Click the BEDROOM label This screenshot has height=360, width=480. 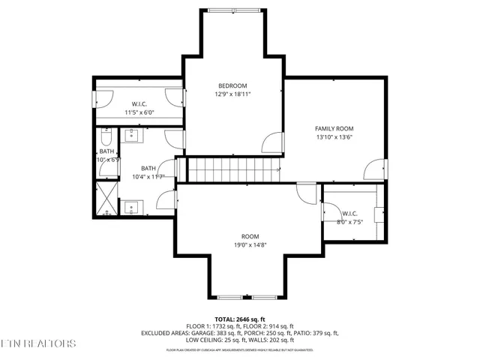coord(232,86)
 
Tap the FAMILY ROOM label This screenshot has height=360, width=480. coord(334,129)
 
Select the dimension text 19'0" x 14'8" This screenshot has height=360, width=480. coord(250,244)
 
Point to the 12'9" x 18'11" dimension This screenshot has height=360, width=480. coord(232,95)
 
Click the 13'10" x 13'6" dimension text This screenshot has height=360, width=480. coord(334,138)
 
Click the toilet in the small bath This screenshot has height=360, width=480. coord(106,139)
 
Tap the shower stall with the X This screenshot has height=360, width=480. coord(107,199)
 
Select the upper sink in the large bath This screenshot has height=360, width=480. coord(132,136)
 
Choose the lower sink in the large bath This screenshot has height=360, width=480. coord(132,206)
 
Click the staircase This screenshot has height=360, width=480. coord(232,169)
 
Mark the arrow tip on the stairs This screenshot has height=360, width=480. coord(280,169)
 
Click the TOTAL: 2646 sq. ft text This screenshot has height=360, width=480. coord(240,319)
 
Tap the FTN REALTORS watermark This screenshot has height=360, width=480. coord(38,343)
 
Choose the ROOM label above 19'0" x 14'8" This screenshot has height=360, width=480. coord(250,235)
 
